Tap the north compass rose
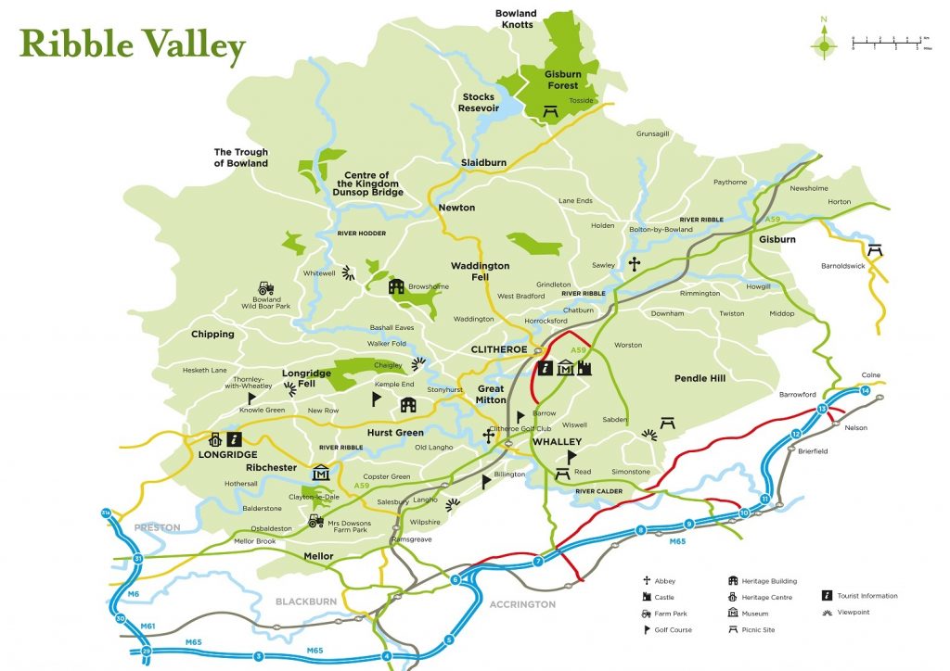coord(822,42)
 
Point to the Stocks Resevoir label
coord(478,102)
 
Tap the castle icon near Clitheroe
coord(584,369)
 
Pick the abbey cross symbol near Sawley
coord(635,265)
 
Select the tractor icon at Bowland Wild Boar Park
coord(266,288)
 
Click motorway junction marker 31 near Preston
coord(137,558)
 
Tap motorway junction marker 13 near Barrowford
coord(822,409)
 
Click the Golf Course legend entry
coord(673,630)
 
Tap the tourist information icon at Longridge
coord(235,439)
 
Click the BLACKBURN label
coord(305,601)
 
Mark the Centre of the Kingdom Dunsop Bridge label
coord(371,184)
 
